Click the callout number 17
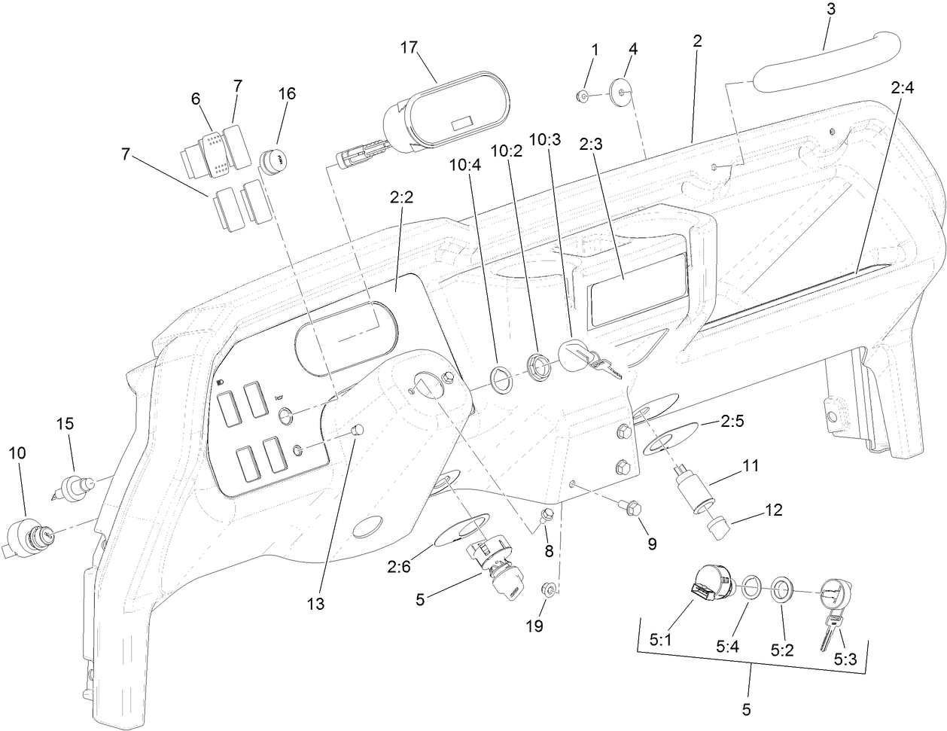(409, 47)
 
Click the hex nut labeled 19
(550, 589)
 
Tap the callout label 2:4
(902, 88)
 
